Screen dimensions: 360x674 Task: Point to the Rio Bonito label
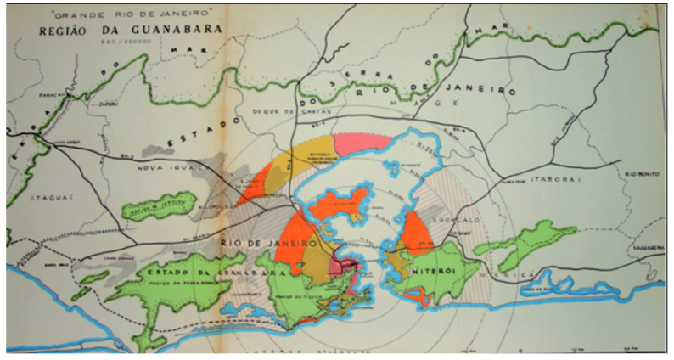pyautogui.click(x=643, y=174)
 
